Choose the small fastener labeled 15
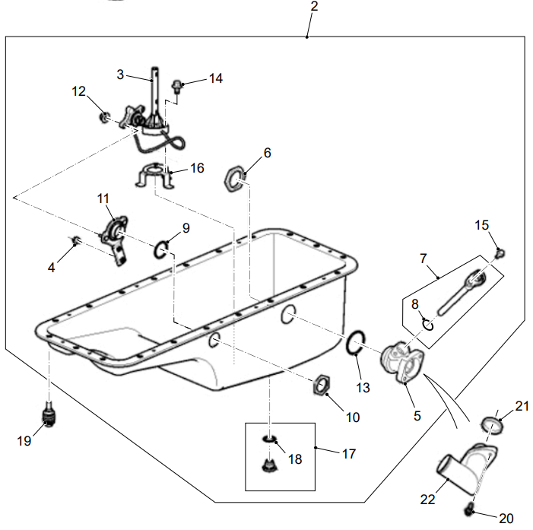(500, 252)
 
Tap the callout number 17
(348, 454)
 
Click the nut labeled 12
(105, 118)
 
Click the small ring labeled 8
(428, 325)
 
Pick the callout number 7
(424, 259)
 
